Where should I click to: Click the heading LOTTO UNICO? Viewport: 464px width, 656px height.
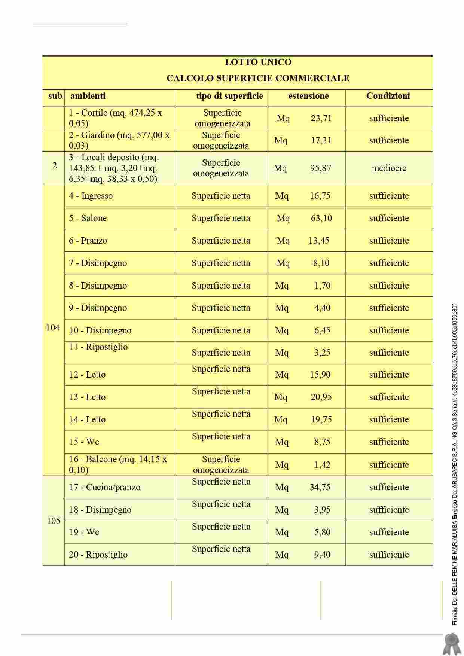pos(258,62)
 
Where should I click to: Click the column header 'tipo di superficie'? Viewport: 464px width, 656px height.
pos(229,96)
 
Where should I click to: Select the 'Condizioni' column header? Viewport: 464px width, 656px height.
pos(388,96)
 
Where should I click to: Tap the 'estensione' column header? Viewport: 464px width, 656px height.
pos(308,96)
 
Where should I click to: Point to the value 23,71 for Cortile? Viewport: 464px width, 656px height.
pos(321,119)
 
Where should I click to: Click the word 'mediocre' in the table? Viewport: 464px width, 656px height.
pos(389,168)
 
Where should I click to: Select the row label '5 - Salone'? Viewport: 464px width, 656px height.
pos(88,218)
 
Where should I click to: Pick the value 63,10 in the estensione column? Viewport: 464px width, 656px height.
pos(321,218)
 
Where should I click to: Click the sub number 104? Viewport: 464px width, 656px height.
pos(53,328)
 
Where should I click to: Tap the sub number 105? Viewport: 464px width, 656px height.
pos(54,521)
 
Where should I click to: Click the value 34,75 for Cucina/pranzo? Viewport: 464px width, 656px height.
pos(320,487)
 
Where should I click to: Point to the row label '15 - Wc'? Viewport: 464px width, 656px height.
pos(84,442)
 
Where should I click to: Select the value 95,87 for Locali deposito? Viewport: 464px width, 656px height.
pos(320,168)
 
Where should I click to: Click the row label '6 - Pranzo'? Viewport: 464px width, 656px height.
pos(88,241)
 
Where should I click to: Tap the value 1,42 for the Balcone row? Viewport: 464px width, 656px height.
pos(322,465)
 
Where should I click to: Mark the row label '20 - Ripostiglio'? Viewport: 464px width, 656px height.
pos(98,555)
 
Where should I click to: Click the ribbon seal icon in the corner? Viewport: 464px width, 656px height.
pos(451,644)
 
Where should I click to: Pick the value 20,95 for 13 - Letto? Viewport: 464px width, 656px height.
pos(321,397)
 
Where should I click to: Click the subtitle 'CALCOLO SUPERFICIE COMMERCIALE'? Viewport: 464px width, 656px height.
pos(258,78)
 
